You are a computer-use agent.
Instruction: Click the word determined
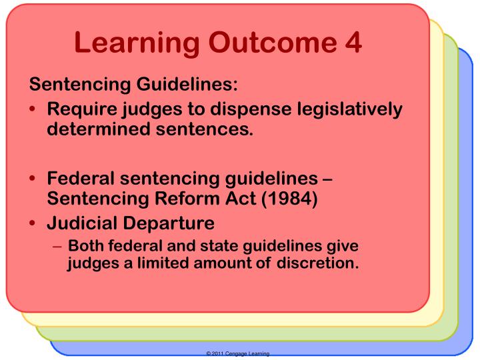[95, 127]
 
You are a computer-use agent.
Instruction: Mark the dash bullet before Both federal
[57, 245]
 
